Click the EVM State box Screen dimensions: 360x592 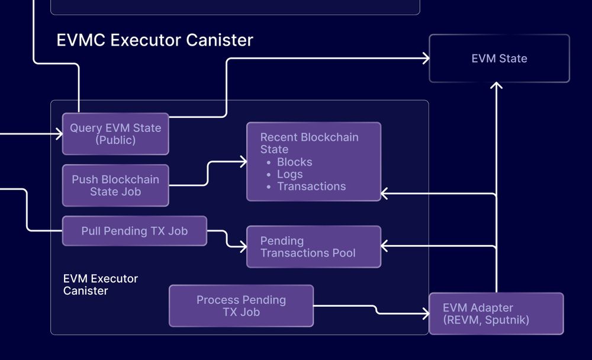click(499, 59)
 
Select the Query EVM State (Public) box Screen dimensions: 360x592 click(115, 134)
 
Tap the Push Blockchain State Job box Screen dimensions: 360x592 click(115, 185)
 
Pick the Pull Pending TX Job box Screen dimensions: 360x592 click(134, 231)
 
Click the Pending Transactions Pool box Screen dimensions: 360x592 click(313, 247)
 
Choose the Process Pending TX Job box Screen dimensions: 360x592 click(241, 306)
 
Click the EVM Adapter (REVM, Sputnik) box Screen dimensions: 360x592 click(496, 314)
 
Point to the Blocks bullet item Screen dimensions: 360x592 click(294, 162)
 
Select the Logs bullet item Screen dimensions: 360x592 click(289, 174)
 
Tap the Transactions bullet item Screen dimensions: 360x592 click(311, 186)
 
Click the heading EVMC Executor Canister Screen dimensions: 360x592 click(155, 40)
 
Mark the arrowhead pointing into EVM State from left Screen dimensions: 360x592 click(426, 58)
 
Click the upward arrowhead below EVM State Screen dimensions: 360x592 click(496, 86)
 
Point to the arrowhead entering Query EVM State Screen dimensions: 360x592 click(59, 134)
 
